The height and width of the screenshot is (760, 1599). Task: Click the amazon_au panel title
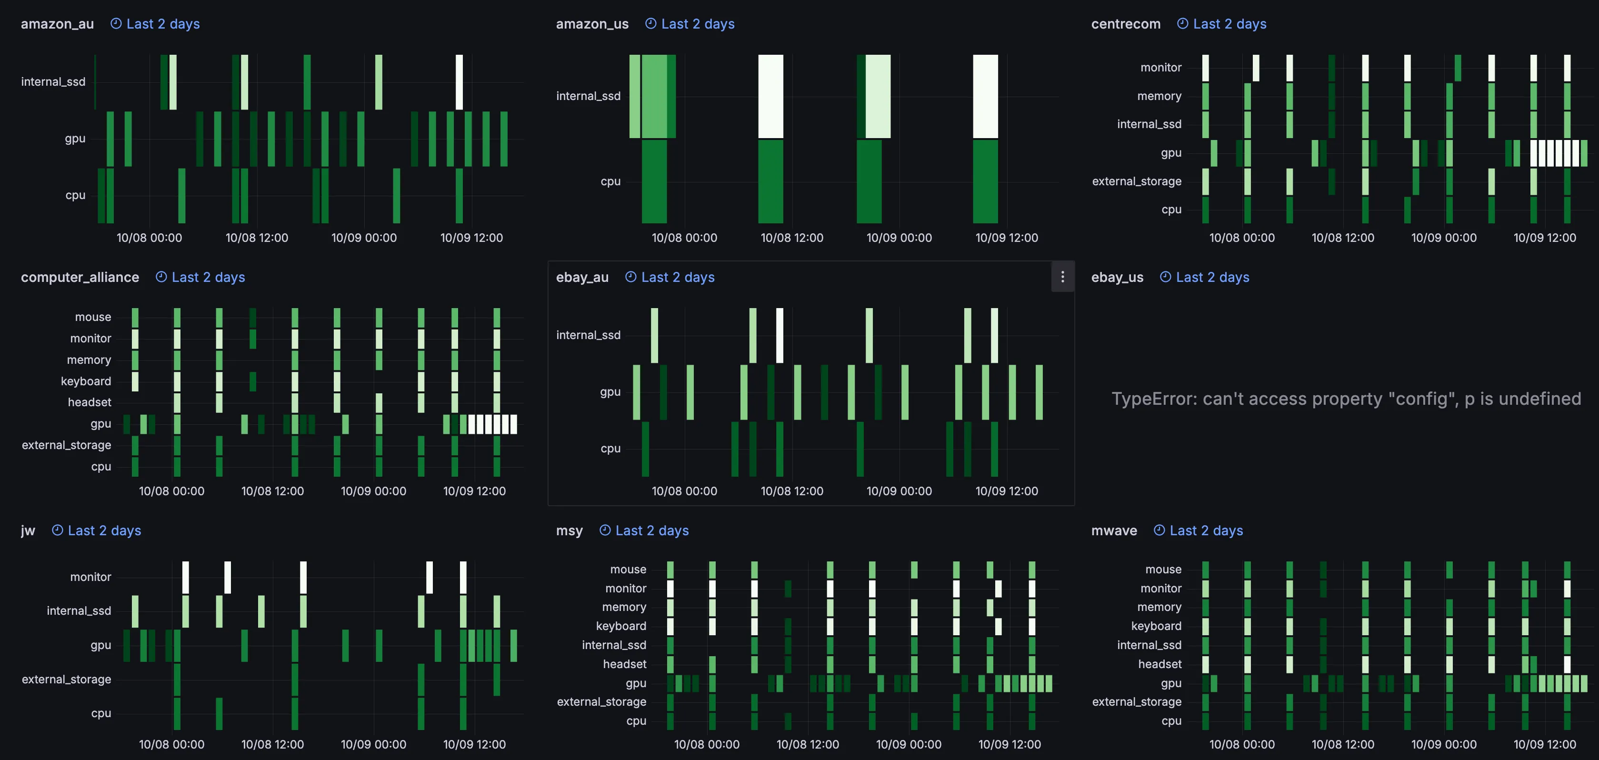[57, 24]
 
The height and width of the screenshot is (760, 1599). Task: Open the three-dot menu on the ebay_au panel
[1062, 277]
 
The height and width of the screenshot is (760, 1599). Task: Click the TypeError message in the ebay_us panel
[1346, 399]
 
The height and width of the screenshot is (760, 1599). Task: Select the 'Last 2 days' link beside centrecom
[1229, 24]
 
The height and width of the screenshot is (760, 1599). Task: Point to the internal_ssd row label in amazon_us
[588, 96]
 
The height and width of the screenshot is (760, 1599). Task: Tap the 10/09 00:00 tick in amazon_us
[899, 238]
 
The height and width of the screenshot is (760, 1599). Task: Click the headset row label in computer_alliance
[90, 402]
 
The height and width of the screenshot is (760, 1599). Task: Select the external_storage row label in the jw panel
[66, 679]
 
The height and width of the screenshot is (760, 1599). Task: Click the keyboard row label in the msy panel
[621, 626]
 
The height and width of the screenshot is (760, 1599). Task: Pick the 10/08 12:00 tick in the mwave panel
[1343, 744]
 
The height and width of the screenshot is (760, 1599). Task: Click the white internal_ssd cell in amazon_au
[460, 82]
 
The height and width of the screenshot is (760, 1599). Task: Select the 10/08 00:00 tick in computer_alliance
[171, 491]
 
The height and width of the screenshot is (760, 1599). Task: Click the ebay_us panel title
[1117, 278]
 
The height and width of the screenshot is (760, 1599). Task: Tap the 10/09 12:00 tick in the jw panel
[474, 744]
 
